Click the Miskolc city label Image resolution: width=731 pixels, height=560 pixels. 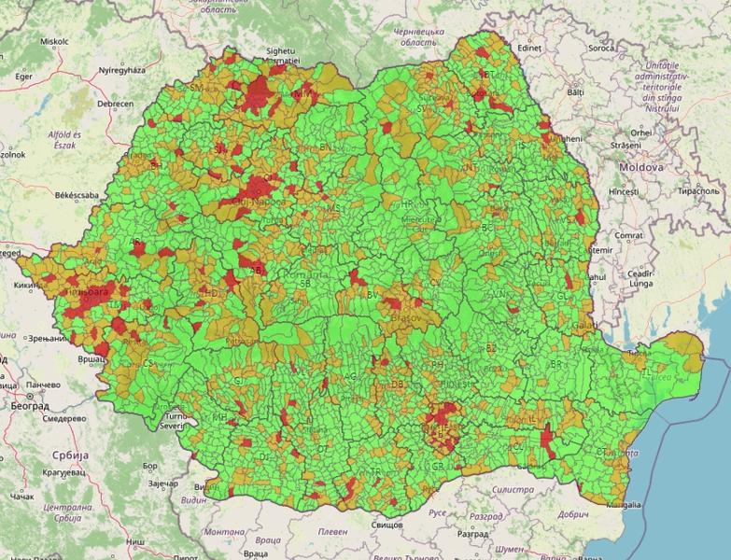(x=53, y=42)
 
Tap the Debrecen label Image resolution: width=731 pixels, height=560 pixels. (x=115, y=104)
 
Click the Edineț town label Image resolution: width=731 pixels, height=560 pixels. (x=529, y=47)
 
